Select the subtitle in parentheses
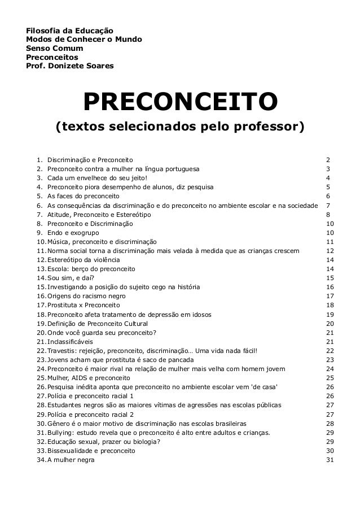point(179,125)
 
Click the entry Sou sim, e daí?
point(71,278)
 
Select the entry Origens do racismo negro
point(86,296)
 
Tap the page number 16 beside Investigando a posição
point(331,287)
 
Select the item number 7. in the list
point(39,215)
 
